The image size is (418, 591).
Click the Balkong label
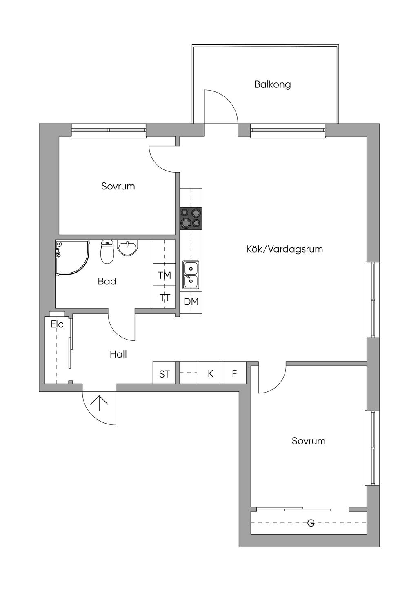pyautogui.click(x=272, y=84)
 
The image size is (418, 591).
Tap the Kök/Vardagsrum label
pyautogui.click(x=285, y=249)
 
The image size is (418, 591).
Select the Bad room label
pyautogui.click(x=107, y=281)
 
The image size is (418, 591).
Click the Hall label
pyautogui.click(x=118, y=354)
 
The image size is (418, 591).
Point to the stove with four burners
pyautogui.click(x=191, y=218)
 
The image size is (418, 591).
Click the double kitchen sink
pyautogui.click(x=190, y=275)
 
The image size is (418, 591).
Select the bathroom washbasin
pyautogui.click(x=128, y=247)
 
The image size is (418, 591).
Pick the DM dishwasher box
pyautogui.click(x=191, y=302)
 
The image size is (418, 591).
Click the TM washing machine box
pyautogui.click(x=165, y=276)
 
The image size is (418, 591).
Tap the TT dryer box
pyautogui.click(x=165, y=298)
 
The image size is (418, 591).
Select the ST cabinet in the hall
pyautogui.click(x=164, y=374)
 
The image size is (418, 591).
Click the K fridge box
pyautogui.click(x=211, y=373)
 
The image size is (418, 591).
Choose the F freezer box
pyautogui.click(x=234, y=373)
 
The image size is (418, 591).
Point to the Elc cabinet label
pyautogui.click(x=57, y=324)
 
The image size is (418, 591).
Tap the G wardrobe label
pyautogui.click(x=311, y=523)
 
